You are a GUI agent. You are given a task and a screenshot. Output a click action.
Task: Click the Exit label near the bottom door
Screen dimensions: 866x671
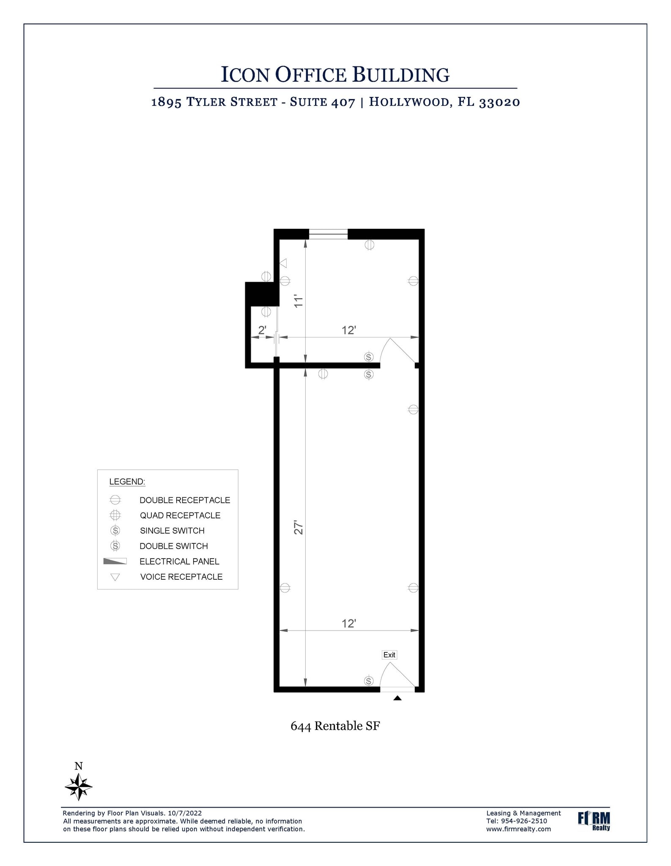tap(389, 655)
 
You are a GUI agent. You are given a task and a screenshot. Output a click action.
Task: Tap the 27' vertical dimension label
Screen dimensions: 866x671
tap(299, 527)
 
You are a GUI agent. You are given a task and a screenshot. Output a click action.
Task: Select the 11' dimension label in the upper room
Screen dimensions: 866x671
tap(299, 301)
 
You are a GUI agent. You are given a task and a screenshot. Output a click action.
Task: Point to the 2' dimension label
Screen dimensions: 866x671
tap(262, 330)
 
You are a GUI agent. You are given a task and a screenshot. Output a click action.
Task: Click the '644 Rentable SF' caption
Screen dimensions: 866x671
tap(335, 726)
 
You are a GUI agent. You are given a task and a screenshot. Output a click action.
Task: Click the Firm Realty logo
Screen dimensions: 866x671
tap(594, 821)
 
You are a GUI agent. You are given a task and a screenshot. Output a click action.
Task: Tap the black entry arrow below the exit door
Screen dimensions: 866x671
tap(397, 698)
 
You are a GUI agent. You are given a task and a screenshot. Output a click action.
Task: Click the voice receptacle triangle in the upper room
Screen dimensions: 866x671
tap(284, 263)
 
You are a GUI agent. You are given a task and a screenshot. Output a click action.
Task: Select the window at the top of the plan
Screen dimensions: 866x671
tap(328, 234)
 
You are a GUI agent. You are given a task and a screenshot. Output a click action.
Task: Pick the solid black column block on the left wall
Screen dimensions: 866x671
tap(262, 294)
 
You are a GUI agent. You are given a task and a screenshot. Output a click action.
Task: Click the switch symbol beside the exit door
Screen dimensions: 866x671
tap(369, 681)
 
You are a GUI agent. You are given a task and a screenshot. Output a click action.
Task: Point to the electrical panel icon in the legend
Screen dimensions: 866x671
tap(115, 562)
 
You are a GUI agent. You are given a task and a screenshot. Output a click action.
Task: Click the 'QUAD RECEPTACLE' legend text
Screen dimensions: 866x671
tap(180, 515)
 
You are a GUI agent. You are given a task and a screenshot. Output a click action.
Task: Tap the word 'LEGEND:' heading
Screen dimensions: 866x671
tap(127, 482)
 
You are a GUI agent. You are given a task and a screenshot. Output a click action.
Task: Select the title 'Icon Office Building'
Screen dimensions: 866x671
tap(335, 74)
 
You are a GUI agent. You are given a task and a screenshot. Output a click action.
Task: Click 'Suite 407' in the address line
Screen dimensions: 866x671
tap(322, 102)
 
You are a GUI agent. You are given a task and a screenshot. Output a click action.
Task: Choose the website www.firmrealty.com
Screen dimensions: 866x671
tap(518, 829)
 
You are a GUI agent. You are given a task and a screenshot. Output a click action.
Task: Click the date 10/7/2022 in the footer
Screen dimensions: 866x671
tap(185, 813)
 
